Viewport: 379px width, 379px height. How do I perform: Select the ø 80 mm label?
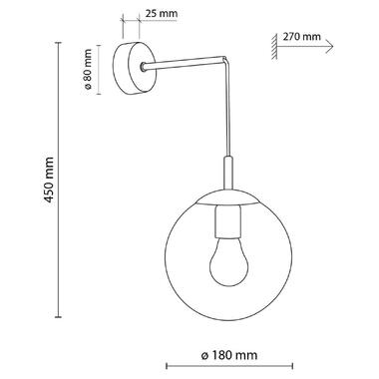(89, 67)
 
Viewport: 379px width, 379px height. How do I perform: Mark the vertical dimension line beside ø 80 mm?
(102, 67)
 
